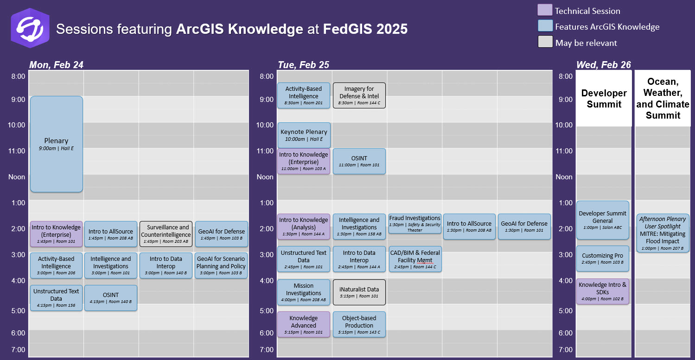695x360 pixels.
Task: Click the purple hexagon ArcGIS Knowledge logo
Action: pyautogui.click(x=30, y=28)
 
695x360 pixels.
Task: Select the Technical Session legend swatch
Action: pyautogui.click(x=545, y=10)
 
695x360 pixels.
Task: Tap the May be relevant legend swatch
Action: pyautogui.click(x=545, y=42)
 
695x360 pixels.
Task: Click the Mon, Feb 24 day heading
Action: pyautogui.click(x=56, y=64)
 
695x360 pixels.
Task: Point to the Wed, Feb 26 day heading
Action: pyautogui.click(x=604, y=64)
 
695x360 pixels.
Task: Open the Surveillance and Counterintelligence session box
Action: pyautogui.click(x=166, y=234)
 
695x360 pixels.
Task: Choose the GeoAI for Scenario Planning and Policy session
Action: pyautogui.click(x=221, y=265)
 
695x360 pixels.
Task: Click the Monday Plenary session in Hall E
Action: pyautogui.click(x=57, y=144)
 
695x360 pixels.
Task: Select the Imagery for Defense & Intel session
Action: pyautogui.click(x=359, y=95)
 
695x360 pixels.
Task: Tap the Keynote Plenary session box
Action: pyautogui.click(x=304, y=135)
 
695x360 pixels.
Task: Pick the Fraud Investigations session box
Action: pyautogui.click(x=415, y=224)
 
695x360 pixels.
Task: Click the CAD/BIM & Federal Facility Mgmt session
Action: pyautogui.click(x=415, y=259)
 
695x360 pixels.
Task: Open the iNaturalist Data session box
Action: pyautogui.click(x=359, y=292)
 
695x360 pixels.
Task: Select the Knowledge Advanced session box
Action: pyautogui.click(x=303, y=324)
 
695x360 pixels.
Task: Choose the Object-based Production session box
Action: pyautogui.click(x=359, y=324)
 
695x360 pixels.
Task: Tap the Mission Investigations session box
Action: pyautogui.click(x=303, y=292)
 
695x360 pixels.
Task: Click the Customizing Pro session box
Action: pyautogui.click(x=603, y=259)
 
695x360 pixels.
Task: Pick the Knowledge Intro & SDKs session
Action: pyautogui.click(x=603, y=291)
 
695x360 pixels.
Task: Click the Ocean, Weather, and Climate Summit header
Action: pyautogui.click(x=663, y=98)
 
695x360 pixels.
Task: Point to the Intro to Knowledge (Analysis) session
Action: pyautogui.click(x=303, y=227)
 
